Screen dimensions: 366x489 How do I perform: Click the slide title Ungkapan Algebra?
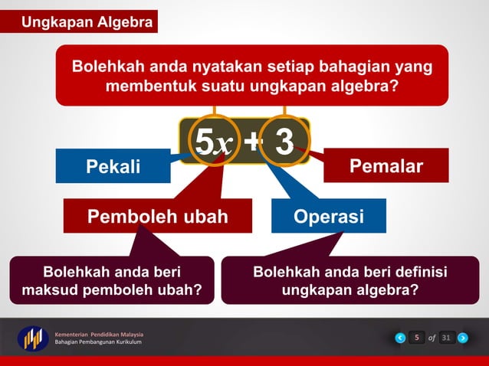[x=86, y=22]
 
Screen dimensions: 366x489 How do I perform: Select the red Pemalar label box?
[x=386, y=166]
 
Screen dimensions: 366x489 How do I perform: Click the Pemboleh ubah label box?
[x=157, y=216]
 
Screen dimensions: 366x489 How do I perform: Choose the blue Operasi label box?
[x=329, y=216]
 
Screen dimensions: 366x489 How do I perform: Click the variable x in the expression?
[x=225, y=144]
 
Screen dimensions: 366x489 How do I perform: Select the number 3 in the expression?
[x=284, y=142]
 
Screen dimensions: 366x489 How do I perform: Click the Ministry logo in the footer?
[x=33, y=338]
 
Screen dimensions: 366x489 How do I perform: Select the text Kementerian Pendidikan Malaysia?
[x=99, y=334]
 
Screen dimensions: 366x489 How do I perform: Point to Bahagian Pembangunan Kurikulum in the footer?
[x=98, y=342]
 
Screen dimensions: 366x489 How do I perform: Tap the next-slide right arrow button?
[x=462, y=338]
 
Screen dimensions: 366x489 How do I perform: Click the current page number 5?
[x=415, y=338]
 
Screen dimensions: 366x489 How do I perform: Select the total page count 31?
[x=446, y=338]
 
